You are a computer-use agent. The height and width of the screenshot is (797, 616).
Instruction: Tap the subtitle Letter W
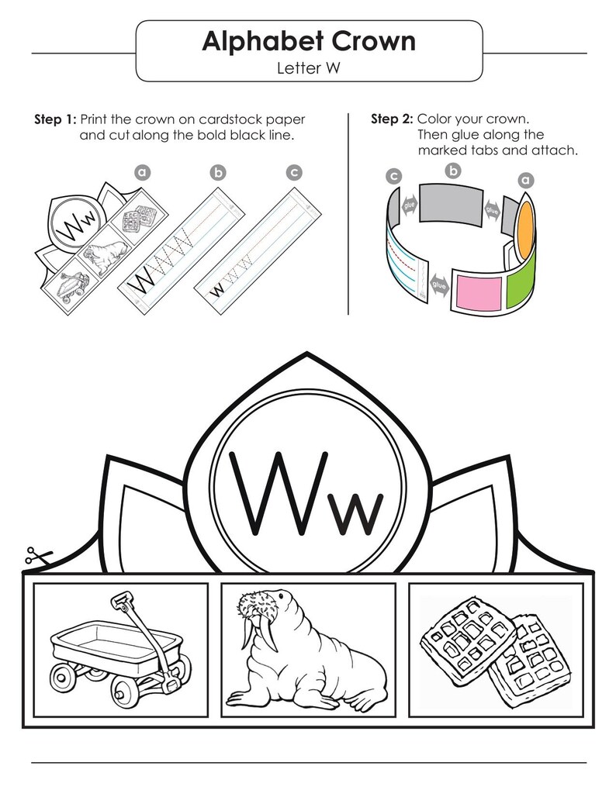click(x=308, y=67)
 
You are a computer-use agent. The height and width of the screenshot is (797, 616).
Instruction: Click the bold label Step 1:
click(x=55, y=119)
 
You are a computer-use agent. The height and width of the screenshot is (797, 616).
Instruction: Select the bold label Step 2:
click(x=393, y=119)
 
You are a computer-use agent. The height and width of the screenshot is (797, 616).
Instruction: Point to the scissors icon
click(x=38, y=556)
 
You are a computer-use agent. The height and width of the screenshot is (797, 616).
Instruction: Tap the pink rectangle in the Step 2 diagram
click(x=479, y=292)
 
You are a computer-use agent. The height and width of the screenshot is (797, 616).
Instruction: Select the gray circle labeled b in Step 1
click(x=218, y=173)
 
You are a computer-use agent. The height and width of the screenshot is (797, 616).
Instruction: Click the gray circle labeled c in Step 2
click(x=393, y=177)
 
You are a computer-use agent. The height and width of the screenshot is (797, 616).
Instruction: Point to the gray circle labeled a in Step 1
click(x=143, y=173)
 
